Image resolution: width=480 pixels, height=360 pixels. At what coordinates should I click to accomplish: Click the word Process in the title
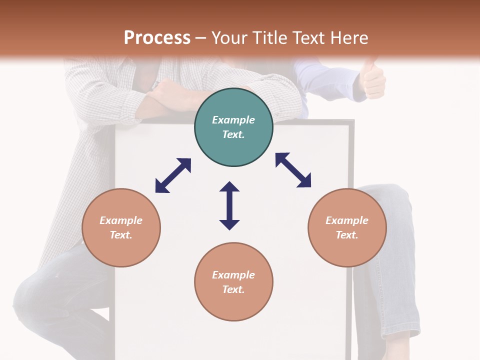(157, 38)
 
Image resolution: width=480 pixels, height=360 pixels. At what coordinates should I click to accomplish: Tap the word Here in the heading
(348, 38)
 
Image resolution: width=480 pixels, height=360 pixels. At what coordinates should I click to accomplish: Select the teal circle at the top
(233, 127)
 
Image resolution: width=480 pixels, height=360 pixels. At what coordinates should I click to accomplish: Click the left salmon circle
(121, 227)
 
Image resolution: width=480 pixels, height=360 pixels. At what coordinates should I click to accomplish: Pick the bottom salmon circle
(233, 282)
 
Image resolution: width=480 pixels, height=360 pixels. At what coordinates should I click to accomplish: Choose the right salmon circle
(347, 227)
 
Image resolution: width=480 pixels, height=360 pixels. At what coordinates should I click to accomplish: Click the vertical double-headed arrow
(229, 205)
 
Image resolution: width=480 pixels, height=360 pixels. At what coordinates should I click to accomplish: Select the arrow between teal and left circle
(173, 175)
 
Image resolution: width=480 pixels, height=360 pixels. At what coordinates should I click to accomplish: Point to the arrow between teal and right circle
(293, 170)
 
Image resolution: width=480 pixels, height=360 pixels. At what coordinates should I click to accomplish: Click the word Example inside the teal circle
(233, 120)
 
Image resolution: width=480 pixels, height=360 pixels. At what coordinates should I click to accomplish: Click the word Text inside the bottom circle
(233, 289)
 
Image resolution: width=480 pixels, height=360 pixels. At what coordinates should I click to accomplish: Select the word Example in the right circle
(347, 220)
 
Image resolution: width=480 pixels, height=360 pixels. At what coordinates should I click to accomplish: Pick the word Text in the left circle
(121, 235)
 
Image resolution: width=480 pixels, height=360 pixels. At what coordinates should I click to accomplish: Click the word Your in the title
(227, 38)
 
